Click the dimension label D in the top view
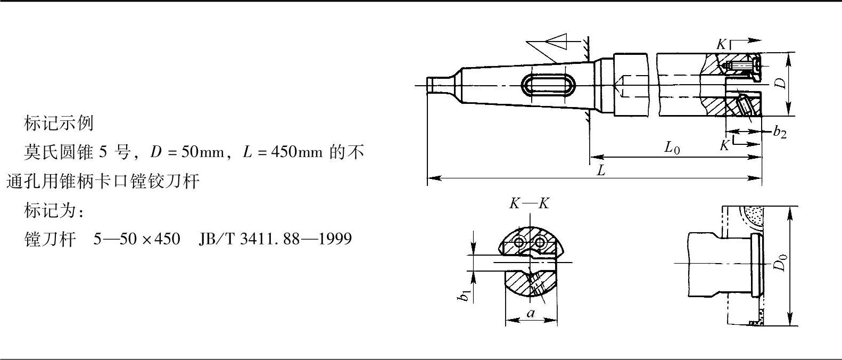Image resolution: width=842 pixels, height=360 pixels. click(781, 83)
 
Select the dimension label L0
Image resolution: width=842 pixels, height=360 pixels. click(672, 147)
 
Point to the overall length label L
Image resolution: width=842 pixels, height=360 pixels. click(601, 170)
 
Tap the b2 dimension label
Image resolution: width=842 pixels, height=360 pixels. click(780, 132)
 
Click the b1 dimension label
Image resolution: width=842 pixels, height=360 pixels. click(464, 296)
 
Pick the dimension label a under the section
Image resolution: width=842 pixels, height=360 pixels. click(531, 313)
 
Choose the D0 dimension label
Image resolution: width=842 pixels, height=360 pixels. click(781, 262)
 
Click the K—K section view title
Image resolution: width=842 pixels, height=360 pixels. click(529, 203)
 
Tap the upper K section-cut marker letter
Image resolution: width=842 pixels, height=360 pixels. click(721, 44)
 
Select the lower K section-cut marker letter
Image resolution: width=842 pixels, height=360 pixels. click(724, 145)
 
